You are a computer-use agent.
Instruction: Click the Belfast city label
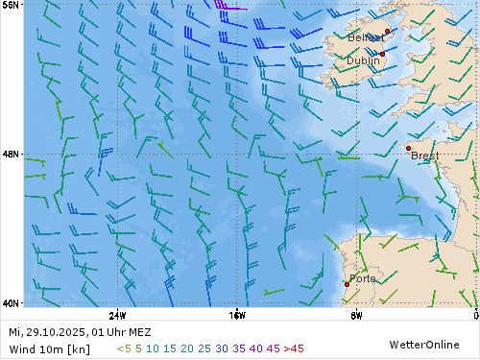click(x=366, y=37)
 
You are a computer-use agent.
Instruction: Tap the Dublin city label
click(x=362, y=60)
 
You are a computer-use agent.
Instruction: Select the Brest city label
click(x=425, y=155)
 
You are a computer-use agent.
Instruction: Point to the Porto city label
click(x=363, y=278)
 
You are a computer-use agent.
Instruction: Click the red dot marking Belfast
click(x=387, y=32)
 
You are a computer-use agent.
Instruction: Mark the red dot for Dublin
click(x=381, y=55)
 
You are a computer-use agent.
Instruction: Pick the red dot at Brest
click(x=408, y=148)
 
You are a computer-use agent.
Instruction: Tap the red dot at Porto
click(x=347, y=284)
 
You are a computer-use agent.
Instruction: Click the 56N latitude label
click(x=11, y=5)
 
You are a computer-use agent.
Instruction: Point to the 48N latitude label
click(x=11, y=154)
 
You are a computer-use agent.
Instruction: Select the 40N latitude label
click(x=11, y=303)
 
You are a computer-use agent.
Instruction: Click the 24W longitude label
click(x=117, y=315)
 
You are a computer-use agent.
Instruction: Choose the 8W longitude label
click(x=356, y=315)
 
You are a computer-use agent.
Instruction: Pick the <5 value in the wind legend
click(x=124, y=348)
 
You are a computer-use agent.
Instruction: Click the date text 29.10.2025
click(x=57, y=332)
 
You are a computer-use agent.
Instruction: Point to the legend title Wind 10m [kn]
click(x=49, y=348)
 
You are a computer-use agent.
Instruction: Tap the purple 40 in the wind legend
click(x=254, y=348)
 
